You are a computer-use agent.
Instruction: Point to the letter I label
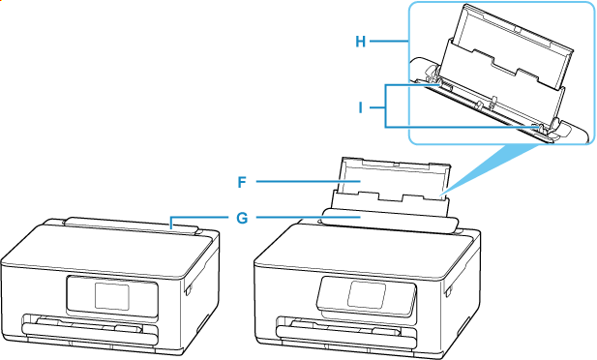pyautogui.click(x=362, y=106)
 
